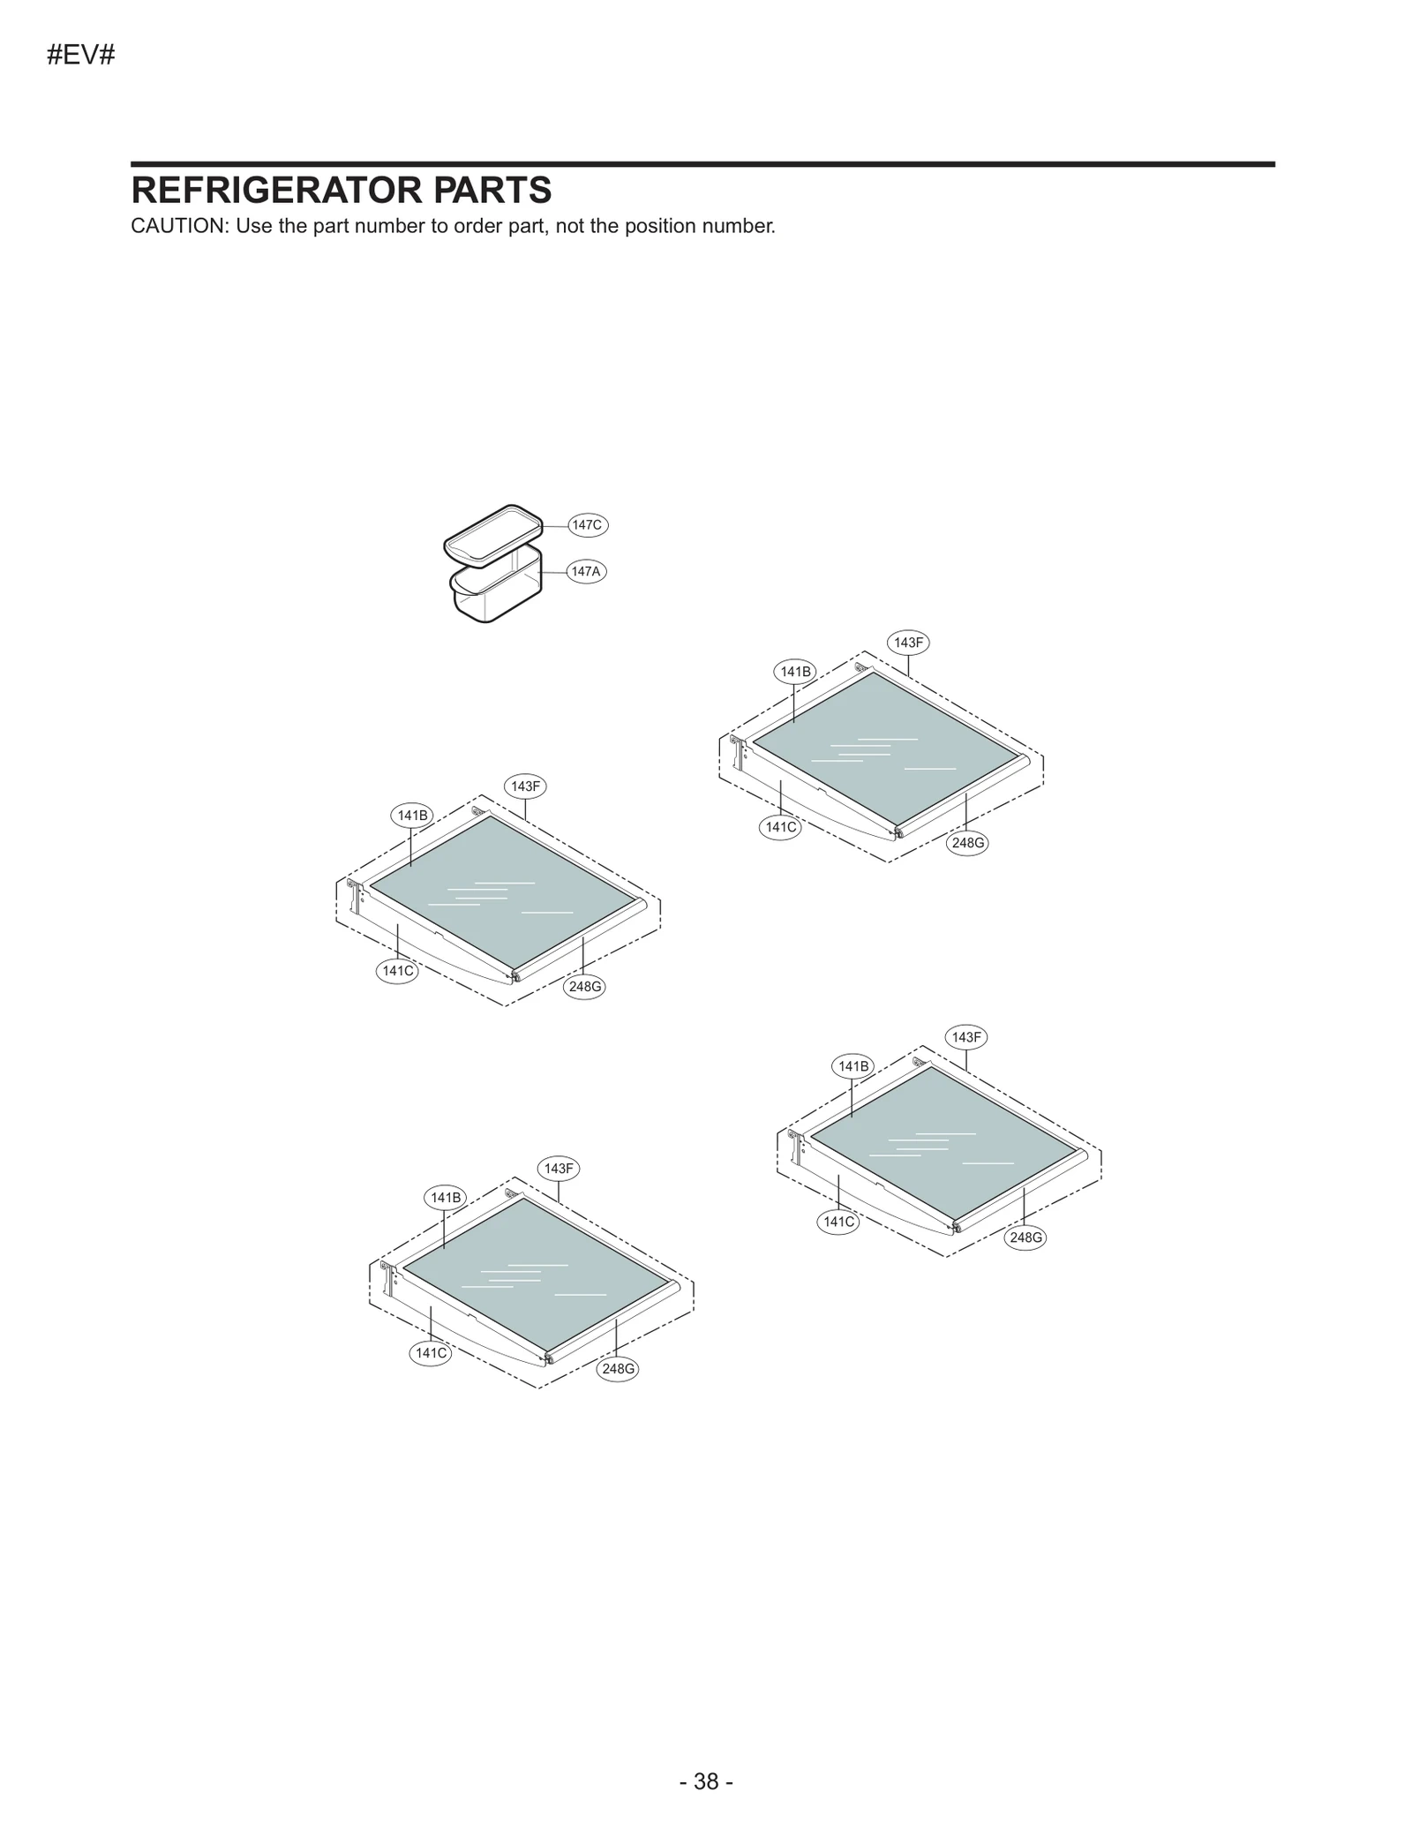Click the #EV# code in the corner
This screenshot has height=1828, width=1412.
tap(80, 56)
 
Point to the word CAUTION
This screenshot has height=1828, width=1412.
tap(177, 226)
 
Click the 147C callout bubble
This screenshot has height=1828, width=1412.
tap(587, 525)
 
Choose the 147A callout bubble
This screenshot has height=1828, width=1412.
tap(585, 571)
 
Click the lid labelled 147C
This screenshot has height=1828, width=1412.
tap(492, 533)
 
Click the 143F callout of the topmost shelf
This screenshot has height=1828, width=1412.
tap(908, 643)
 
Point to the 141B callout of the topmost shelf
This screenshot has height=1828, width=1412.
tap(795, 672)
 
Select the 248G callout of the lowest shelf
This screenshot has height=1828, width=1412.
tap(618, 1369)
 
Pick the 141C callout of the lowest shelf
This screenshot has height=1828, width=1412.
tap(431, 1353)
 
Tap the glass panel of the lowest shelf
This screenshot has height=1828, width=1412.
tap(537, 1275)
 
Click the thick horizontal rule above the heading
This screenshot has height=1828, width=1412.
tap(702, 164)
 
